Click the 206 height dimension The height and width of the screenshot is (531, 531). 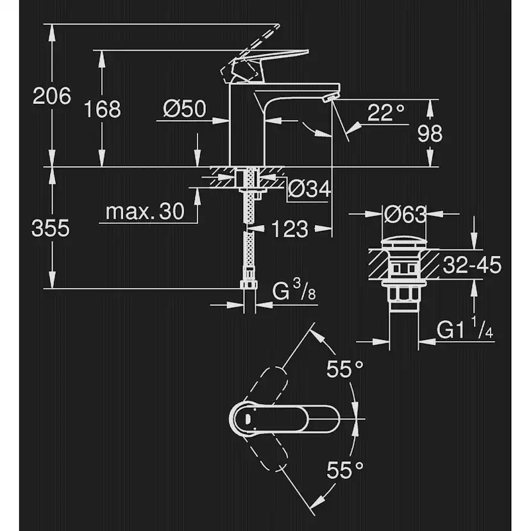(52, 96)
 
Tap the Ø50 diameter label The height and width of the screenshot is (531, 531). (185, 110)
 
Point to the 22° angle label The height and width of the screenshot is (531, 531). (387, 113)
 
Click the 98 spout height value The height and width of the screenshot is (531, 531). (429, 134)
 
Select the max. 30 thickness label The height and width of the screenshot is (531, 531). (144, 211)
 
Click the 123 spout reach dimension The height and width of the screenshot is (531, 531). (289, 228)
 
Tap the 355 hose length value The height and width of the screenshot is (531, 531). (51, 228)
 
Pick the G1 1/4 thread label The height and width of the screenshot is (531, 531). (465, 330)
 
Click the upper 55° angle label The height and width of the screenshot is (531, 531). (344, 369)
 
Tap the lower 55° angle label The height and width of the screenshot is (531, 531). (344, 471)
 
